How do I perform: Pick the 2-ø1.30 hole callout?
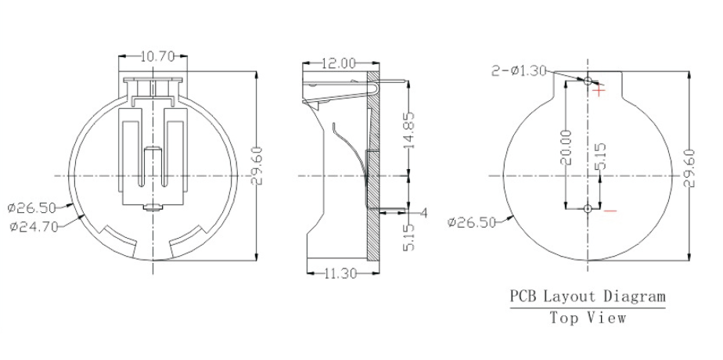tap(519, 70)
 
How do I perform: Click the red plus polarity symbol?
tap(599, 91)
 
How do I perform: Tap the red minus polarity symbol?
tap(610, 211)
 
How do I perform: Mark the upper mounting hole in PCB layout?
tap(588, 80)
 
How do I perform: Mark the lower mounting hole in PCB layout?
tap(588, 209)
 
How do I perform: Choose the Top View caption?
tap(588, 318)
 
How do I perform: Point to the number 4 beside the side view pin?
tap(423, 213)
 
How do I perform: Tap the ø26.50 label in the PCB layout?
tap(472, 222)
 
